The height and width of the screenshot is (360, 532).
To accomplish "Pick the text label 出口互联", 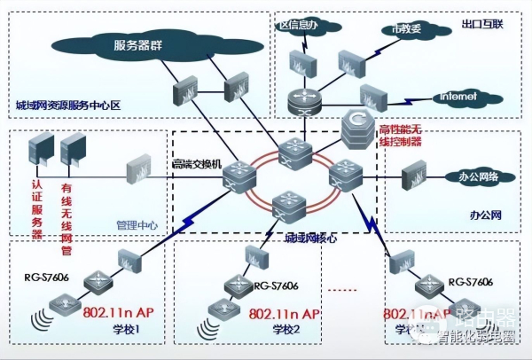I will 482,22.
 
